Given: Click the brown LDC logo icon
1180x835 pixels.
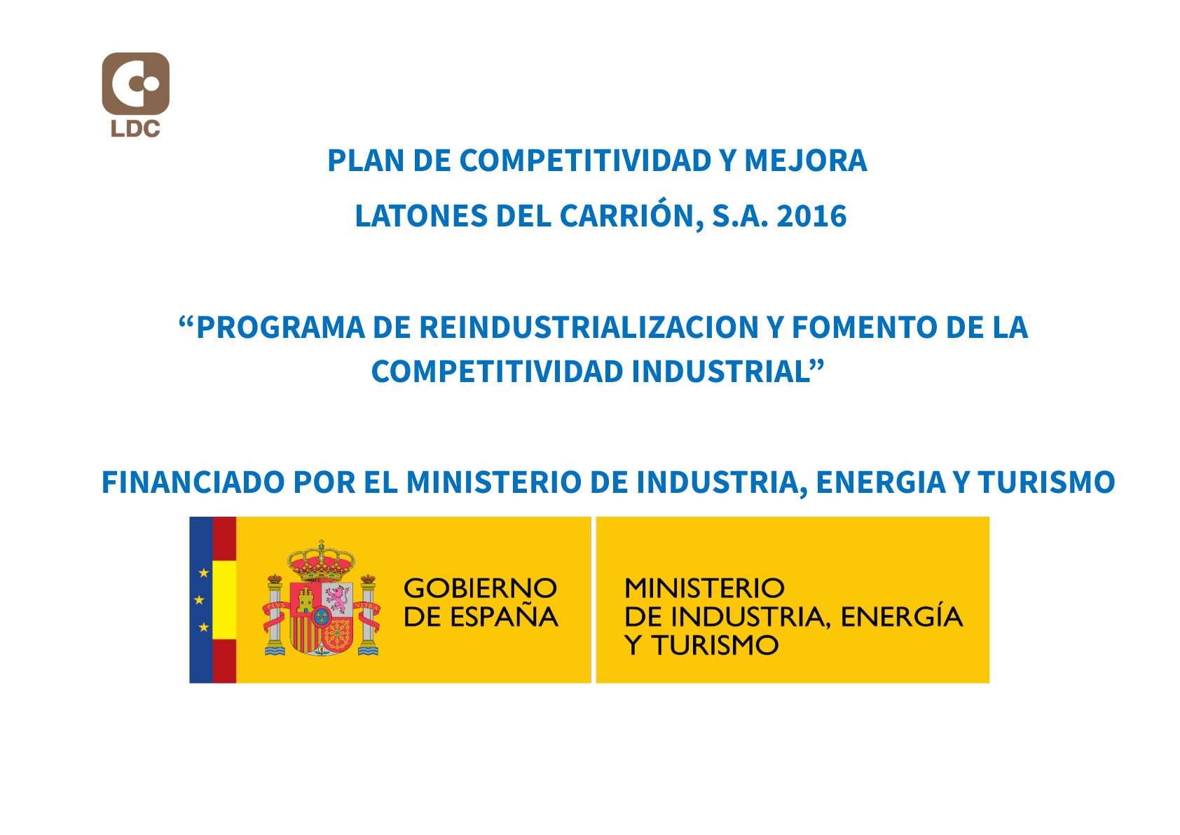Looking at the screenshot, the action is tap(136, 83).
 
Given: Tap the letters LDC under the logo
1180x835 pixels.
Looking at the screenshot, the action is tap(135, 128).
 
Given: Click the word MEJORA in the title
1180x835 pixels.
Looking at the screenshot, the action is tap(805, 161).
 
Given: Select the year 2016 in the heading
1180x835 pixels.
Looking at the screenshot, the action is tap(812, 216).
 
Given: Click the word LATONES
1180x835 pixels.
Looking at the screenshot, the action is tap(421, 216).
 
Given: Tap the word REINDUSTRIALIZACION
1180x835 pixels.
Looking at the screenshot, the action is tap(589, 328).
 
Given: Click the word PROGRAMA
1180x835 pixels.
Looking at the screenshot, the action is tap(280, 328).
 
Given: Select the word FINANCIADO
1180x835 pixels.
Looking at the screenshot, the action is tap(193, 482).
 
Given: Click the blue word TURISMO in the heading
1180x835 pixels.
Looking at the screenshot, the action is tap(1047, 482).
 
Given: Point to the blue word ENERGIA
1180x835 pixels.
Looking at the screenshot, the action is tap(881, 482).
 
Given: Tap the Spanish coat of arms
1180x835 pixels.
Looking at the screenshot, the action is tap(322, 598).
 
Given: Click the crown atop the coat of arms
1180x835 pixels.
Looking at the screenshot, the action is tap(322, 560).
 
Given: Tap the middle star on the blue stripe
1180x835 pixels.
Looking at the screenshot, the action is tap(199, 600).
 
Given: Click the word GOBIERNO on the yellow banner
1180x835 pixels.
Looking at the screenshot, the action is tap(480, 588).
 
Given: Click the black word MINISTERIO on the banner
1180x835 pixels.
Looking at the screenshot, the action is tap(704, 588).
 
